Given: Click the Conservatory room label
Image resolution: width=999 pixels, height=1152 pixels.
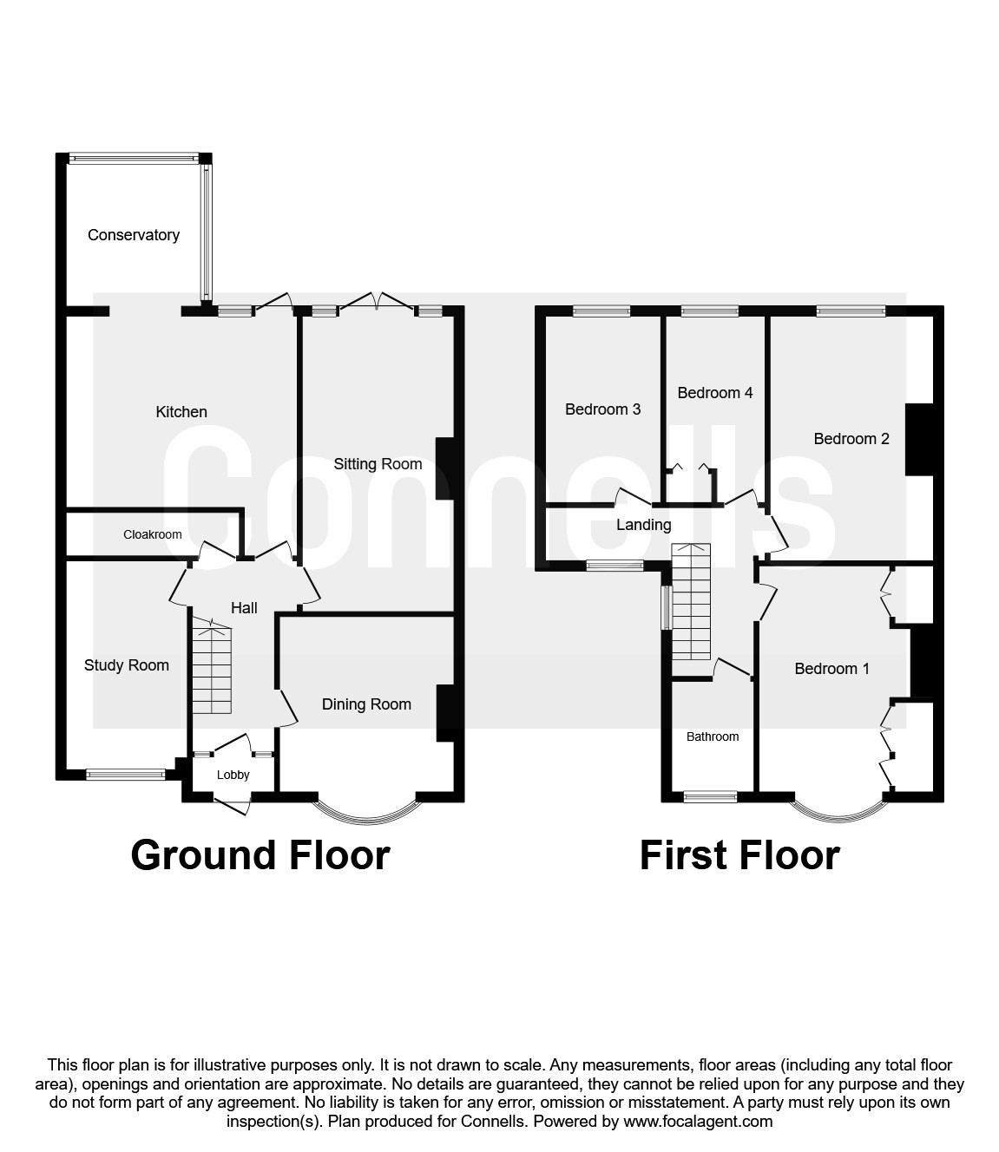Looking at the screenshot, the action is (134, 235).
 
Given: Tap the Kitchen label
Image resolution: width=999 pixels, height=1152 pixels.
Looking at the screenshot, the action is (181, 412).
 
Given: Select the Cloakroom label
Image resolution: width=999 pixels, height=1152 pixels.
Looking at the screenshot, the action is (152, 534).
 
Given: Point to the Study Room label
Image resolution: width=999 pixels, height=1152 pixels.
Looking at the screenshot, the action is (126, 664).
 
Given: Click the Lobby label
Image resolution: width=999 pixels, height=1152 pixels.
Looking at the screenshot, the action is (233, 775).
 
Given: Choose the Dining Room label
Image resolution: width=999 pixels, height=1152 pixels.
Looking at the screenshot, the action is (366, 704).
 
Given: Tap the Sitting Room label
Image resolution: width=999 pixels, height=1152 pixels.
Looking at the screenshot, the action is (378, 464).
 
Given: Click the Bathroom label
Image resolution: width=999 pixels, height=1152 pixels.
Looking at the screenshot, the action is (713, 736).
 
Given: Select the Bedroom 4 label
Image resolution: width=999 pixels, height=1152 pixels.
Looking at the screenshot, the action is (715, 393).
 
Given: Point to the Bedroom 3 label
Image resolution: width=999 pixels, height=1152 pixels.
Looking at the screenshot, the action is (602, 409).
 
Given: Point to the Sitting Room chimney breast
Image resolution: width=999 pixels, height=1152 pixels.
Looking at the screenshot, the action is (444, 468).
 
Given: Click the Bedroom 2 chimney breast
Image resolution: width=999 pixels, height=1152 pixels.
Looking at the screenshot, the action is (919, 440).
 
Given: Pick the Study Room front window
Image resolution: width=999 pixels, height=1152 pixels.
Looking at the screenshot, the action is (126, 774).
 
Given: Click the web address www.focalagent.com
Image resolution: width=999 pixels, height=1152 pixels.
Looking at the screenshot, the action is (698, 1121).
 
